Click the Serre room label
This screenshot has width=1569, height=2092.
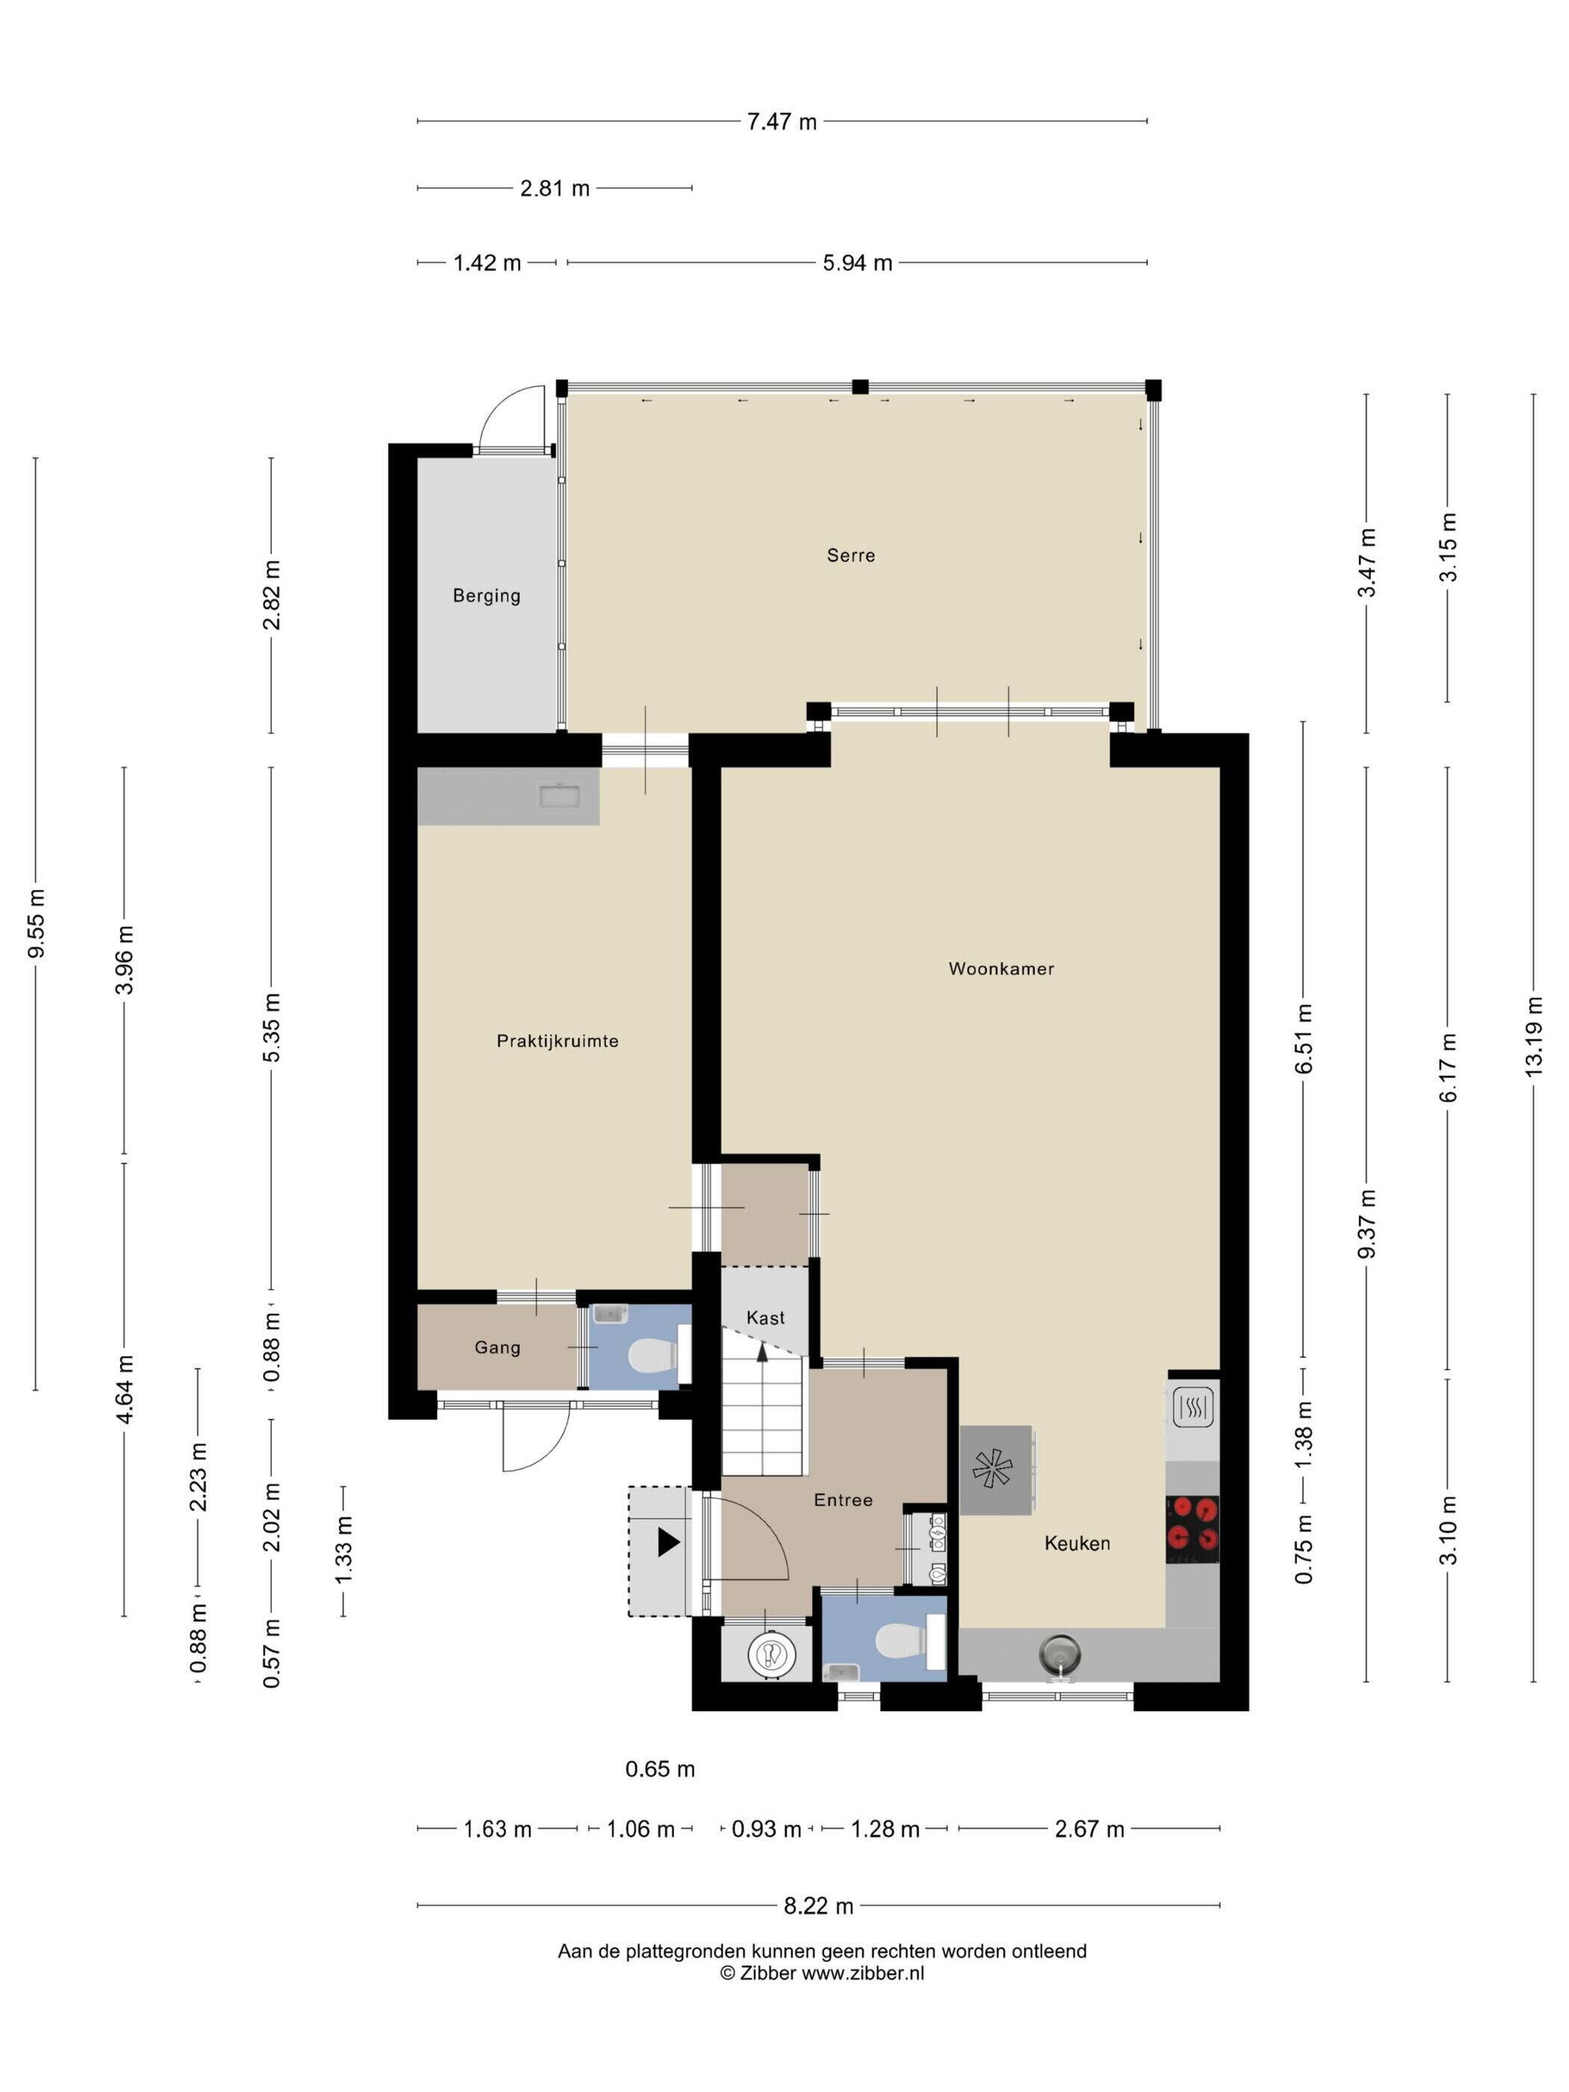[x=850, y=555]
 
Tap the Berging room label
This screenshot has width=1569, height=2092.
[x=486, y=595]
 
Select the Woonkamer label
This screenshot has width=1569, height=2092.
[x=1000, y=968]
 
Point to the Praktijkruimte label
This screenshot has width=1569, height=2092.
[x=557, y=1042]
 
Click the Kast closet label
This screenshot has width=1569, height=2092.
[x=765, y=1317]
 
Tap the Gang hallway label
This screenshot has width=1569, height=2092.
[x=498, y=1348]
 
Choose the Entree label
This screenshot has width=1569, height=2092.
[x=843, y=1500]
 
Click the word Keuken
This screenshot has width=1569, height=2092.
[x=1077, y=1544]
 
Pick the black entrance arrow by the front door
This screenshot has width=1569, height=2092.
[x=669, y=1543]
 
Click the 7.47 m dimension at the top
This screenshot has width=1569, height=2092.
[x=782, y=121]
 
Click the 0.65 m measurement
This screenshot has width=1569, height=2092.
[x=660, y=1768]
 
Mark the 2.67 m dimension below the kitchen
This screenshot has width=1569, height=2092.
[x=1089, y=1829]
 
